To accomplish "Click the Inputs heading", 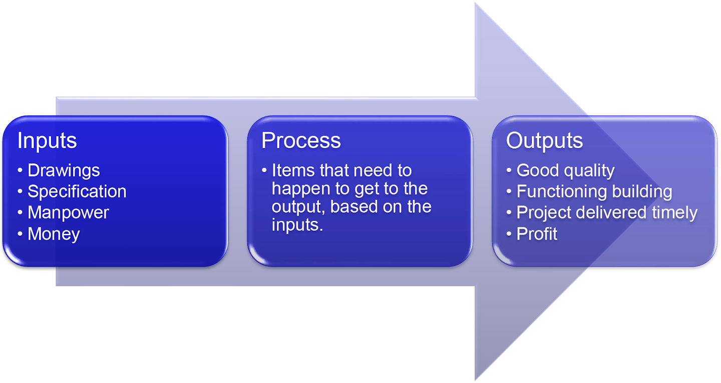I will pos(47,141).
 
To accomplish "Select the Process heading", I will pos(301,141).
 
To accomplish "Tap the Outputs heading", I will pos(544,141).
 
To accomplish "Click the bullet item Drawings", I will pos(64,171).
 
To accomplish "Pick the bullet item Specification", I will pos(77,192).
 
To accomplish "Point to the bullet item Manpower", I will pos(68,213).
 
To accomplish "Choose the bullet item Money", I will pos(54,234).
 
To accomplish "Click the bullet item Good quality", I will pos(565,171).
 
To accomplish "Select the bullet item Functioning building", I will pos(594,192).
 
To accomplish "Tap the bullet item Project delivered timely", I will pos(607,213).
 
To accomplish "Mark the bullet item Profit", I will pos(537,234).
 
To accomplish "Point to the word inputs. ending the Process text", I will pos(297,225).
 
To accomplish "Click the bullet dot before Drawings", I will pos(20,171).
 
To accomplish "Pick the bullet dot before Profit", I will pos(509,234).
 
